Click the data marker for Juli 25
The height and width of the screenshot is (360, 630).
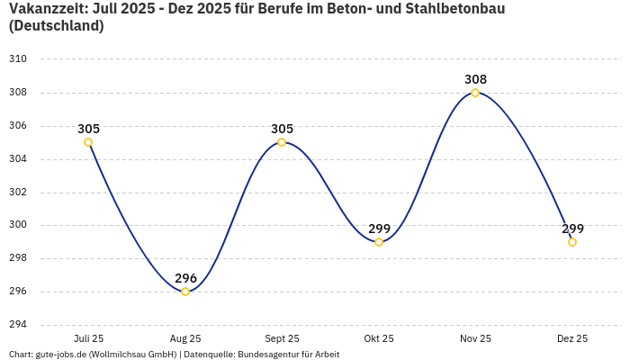click(x=88, y=142)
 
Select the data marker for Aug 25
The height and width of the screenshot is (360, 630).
click(x=185, y=292)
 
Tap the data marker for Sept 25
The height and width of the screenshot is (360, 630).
click(x=282, y=142)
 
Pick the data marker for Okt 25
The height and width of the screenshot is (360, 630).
click(x=379, y=242)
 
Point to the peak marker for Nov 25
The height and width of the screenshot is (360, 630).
click(x=475, y=93)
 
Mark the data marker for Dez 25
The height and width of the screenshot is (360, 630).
click(x=572, y=242)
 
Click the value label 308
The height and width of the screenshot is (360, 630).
click(x=475, y=79)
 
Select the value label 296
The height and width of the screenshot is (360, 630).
click(x=185, y=278)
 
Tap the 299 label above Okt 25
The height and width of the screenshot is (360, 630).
click(x=379, y=229)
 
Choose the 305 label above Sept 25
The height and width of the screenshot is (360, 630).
click(x=282, y=129)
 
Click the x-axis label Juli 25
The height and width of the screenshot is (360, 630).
click(x=88, y=338)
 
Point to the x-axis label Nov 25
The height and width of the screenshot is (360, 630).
click(x=475, y=338)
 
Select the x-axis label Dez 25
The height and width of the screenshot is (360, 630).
click(x=572, y=338)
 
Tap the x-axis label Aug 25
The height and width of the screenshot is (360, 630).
click(x=185, y=338)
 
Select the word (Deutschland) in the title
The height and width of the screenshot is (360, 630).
click(x=56, y=26)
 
